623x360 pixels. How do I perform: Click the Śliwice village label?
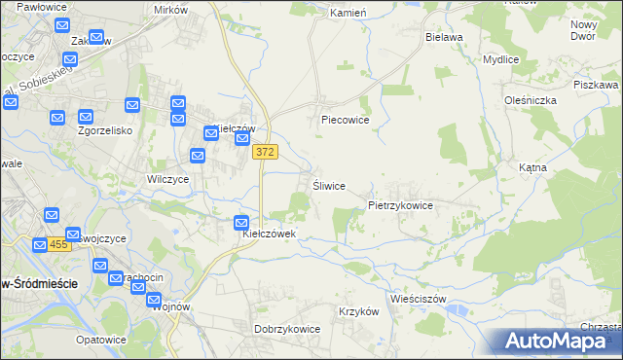(329, 186)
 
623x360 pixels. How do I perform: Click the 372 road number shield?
(267, 152)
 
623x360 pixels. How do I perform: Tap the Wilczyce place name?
(167, 179)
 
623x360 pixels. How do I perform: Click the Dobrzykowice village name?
(287, 329)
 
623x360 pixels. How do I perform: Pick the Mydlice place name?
(500, 58)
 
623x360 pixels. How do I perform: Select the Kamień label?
(347, 14)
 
